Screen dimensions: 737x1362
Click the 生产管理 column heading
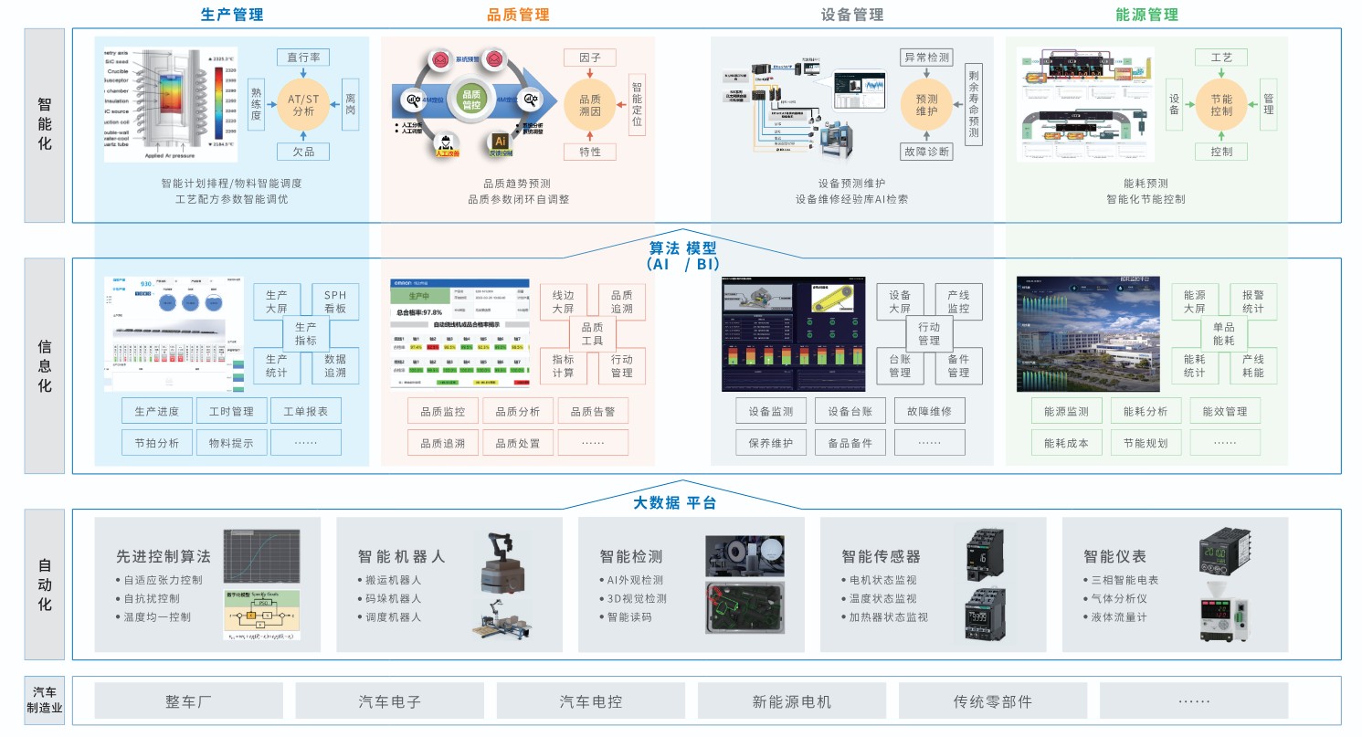pos(232,15)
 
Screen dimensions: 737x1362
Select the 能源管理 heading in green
pos(1146,15)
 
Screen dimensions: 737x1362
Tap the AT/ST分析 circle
pos(302,104)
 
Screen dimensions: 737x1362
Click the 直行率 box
pos(302,57)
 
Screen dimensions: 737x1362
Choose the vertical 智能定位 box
pos(637,104)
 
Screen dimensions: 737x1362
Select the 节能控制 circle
pos(1221,105)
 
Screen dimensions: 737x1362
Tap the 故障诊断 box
pos(926,152)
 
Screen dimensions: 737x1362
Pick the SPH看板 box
pos(335,302)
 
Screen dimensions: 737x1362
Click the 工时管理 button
pos(231,412)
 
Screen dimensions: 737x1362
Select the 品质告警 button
pos(593,412)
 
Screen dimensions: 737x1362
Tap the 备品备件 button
pos(850,444)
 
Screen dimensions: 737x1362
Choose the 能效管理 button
pos(1224,412)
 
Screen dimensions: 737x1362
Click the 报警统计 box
pos(1253,302)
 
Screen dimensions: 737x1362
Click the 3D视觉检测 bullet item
pos(637,598)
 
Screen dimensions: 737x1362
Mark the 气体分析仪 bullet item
pos(1119,598)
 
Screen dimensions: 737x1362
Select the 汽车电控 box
pos(591,701)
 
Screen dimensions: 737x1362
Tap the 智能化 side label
pos(45,124)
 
